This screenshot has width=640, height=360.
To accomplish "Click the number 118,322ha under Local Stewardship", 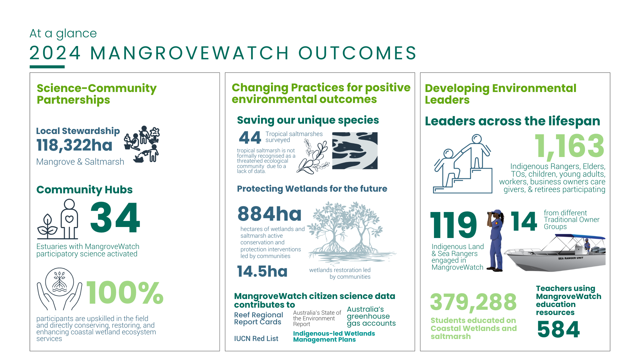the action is pyautogui.click(x=74, y=145).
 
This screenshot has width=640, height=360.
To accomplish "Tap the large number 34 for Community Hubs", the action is pyautogui.click(x=115, y=218).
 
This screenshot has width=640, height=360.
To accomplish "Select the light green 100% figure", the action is pyautogui.click(x=125, y=293).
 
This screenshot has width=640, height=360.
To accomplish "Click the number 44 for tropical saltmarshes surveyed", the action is pyautogui.click(x=250, y=137).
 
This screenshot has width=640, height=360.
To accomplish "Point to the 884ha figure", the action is pyautogui.click(x=269, y=214).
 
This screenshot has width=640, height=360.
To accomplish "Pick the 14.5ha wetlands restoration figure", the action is pyautogui.click(x=262, y=271).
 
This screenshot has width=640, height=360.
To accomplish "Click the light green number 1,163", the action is pyautogui.click(x=569, y=146).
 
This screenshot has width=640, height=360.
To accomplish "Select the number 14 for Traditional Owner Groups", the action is pyautogui.click(x=524, y=221).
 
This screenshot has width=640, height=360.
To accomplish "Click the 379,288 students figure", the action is pyautogui.click(x=473, y=302).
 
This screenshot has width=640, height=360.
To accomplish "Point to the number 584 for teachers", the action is pyautogui.click(x=558, y=329).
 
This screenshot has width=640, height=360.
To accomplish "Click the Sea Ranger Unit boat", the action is pyautogui.click(x=555, y=252).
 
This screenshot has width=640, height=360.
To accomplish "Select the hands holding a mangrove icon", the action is pyautogui.click(x=59, y=289).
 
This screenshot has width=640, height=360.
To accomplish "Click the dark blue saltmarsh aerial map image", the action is pyautogui.click(x=355, y=150).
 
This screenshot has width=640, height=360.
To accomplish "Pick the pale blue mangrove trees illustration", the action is pyautogui.click(x=350, y=232).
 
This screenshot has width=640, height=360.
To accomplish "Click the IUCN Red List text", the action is pyautogui.click(x=256, y=339).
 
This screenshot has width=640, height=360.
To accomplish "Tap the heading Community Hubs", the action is pyautogui.click(x=84, y=190).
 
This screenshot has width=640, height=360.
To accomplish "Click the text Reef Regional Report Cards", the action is pyautogui.click(x=258, y=318).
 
